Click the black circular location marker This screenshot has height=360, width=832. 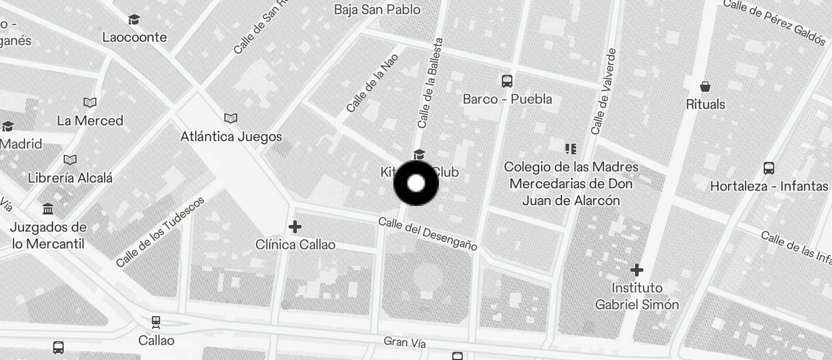click(x=415, y=184)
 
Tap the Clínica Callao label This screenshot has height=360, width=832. click(x=296, y=244)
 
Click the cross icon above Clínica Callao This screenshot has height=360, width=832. click(x=295, y=226)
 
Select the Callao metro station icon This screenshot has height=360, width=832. click(x=156, y=322)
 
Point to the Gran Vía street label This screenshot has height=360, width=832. click(x=404, y=342)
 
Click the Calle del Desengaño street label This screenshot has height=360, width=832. click(x=428, y=234)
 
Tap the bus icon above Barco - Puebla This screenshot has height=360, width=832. click(x=507, y=81)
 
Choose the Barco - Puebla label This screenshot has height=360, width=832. click(x=507, y=99)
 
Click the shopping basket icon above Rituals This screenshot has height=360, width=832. click(x=705, y=87)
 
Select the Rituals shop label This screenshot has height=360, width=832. click(x=705, y=105)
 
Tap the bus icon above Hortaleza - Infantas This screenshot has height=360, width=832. click(x=769, y=168)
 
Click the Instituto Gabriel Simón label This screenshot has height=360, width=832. click(x=637, y=296)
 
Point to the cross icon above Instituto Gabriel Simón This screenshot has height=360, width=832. click(x=637, y=270)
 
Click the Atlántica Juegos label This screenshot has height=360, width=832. click(x=231, y=137)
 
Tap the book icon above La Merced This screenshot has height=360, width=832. click(x=90, y=103)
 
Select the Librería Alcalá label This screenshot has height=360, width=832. click(x=70, y=178)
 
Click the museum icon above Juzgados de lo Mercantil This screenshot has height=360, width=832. click(x=48, y=209)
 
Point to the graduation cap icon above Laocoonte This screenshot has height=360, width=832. click(x=134, y=20)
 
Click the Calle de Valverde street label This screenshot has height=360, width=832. click(x=604, y=92)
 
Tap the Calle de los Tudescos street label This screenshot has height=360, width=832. click(x=160, y=232)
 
